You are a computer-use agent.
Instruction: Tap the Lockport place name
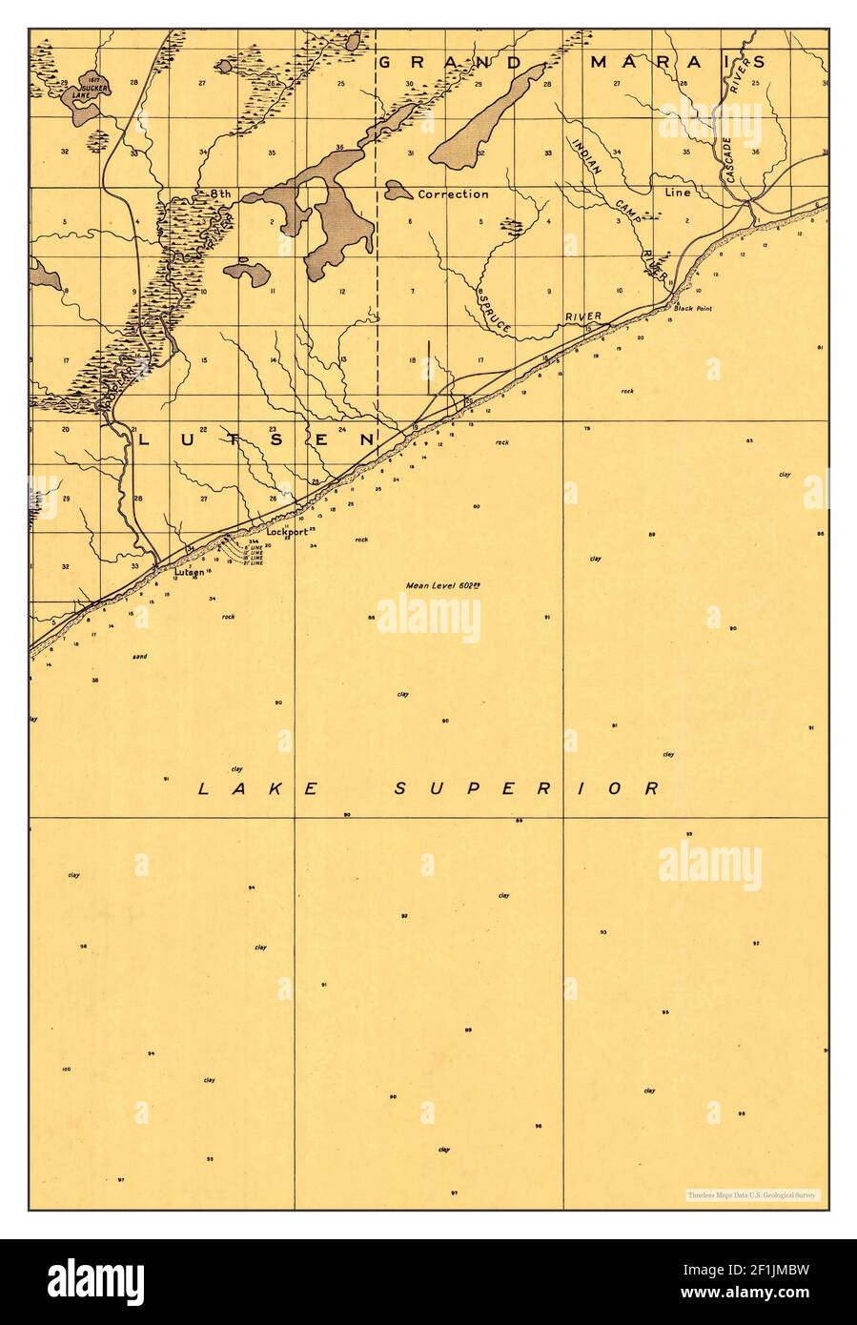pyautogui.click(x=287, y=532)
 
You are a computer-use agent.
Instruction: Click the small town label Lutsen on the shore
pyautogui.click(x=189, y=572)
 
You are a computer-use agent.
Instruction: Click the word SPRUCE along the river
pyautogui.click(x=495, y=309)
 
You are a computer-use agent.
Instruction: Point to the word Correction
pyautogui.click(x=453, y=194)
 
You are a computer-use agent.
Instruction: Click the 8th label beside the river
pyautogui.click(x=219, y=194)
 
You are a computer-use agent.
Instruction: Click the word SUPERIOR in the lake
pyautogui.click(x=527, y=788)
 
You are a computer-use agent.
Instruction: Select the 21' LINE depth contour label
pyautogui.click(x=254, y=562)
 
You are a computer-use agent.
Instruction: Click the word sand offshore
pyautogui.click(x=140, y=656)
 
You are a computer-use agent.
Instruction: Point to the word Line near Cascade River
pyautogui.click(x=677, y=192)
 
